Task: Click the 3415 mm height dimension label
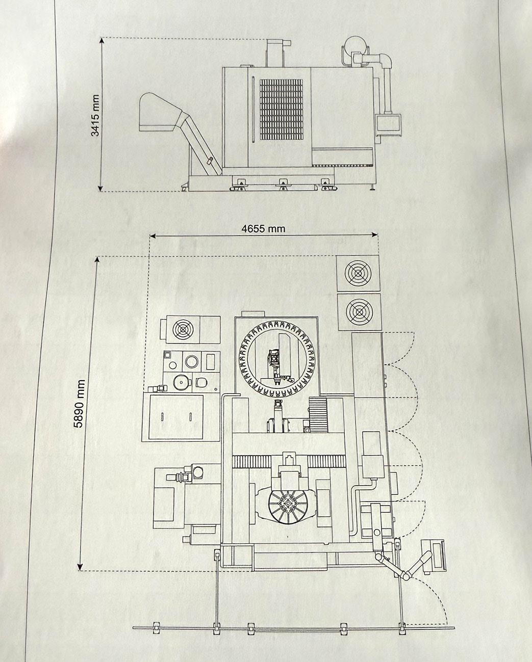96,115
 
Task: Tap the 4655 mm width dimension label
263,228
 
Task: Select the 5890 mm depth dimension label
80,403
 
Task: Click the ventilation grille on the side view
281,110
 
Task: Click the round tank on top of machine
356,45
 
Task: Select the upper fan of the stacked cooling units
358,273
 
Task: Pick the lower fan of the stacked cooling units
359,311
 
